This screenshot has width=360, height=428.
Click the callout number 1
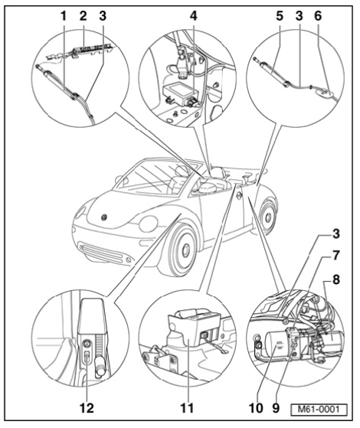coord(64,16)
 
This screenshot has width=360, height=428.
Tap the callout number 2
coord(83,16)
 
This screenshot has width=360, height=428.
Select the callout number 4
coord(193,16)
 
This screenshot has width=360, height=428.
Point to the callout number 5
coord(279,16)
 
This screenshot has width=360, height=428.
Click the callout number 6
coord(318,16)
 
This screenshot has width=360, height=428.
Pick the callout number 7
coord(336,256)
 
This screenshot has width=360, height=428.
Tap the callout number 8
coord(336,279)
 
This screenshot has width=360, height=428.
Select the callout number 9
coord(276,408)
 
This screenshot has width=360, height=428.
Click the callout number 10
coord(256,408)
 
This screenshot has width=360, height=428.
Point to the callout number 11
coord(187,408)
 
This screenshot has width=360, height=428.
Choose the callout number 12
coord(87,408)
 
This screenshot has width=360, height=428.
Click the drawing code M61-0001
coord(319,410)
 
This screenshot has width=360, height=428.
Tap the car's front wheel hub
coord(186,249)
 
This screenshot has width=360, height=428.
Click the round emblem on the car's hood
coord(104,217)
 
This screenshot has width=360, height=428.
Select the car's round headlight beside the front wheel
coord(148,224)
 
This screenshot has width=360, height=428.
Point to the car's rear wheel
coord(268,217)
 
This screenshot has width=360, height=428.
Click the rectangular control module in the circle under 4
coord(179,92)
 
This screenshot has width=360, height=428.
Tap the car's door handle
coord(240,195)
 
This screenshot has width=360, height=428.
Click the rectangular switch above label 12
coord(87,357)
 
